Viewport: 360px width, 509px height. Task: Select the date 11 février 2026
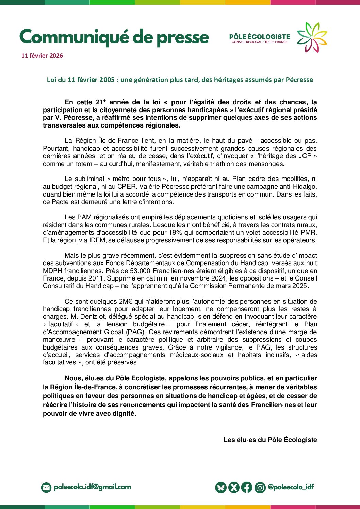[x=42, y=56]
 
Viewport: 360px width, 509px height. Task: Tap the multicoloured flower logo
[x=311, y=37]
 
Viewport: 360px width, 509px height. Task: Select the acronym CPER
[x=127, y=187]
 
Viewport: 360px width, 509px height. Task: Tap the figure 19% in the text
[x=175, y=233]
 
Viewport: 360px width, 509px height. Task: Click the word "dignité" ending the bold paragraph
[x=125, y=414]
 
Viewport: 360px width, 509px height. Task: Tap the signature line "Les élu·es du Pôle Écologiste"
[x=270, y=440]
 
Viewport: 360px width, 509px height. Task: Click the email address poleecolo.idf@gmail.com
[x=92, y=487]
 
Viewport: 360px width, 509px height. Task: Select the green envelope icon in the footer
[x=46, y=487]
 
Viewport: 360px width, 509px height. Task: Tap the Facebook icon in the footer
[x=247, y=487]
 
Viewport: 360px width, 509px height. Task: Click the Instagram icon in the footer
[x=260, y=487]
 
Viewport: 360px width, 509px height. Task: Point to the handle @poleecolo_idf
[x=291, y=487]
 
